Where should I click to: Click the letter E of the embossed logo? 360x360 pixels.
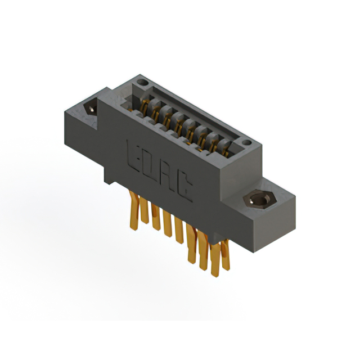(x=133, y=156)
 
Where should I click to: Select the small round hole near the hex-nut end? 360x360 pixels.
(x=247, y=143)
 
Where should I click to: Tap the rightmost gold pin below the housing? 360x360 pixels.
(x=226, y=255)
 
